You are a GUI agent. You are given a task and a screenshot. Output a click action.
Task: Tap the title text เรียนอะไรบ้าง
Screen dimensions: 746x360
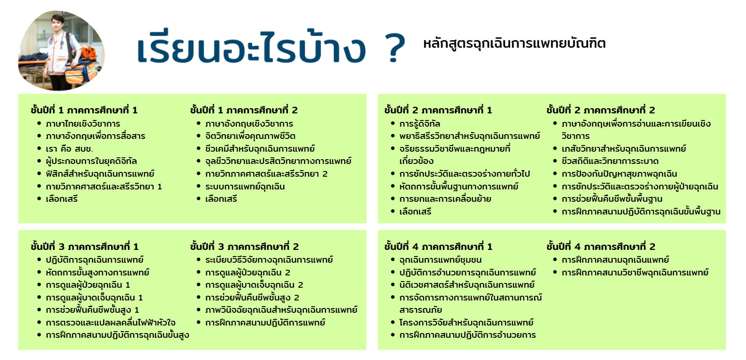point(252,47)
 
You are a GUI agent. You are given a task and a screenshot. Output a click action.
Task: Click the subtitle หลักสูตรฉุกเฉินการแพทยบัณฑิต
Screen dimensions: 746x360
point(514,44)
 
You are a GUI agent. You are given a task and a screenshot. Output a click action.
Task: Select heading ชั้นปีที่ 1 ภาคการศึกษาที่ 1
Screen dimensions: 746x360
point(84,110)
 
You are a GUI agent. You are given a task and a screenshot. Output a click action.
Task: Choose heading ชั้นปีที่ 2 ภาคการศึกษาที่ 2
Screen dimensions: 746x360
point(600,110)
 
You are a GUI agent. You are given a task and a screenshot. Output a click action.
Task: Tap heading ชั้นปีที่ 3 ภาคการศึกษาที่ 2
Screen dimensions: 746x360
point(244,247)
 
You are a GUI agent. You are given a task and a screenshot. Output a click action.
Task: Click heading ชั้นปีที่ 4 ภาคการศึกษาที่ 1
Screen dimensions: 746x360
point(438,247)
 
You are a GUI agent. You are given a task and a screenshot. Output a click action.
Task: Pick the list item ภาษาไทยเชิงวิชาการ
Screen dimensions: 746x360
point(83,124)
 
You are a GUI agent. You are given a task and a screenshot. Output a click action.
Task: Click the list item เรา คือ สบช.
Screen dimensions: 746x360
point(69,149)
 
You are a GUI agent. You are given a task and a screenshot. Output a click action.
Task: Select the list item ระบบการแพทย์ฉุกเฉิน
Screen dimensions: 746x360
point(245,186)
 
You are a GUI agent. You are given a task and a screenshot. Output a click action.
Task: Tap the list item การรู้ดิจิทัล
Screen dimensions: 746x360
point(420,124)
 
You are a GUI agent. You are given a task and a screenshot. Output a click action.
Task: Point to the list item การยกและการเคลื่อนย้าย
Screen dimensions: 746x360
point(445,199)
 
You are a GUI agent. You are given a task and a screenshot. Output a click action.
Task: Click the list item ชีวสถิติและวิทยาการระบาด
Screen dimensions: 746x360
point(610,162)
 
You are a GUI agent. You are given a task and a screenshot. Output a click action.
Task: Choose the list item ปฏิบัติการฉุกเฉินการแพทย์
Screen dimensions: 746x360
point(95,260)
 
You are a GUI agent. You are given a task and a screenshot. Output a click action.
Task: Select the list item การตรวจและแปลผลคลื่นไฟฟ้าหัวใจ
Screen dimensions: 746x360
point(111,323)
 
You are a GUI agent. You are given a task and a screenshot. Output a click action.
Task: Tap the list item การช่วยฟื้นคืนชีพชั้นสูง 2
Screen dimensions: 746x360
point(252,298)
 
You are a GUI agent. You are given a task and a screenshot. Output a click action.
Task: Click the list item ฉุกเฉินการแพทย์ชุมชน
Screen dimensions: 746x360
point(440,260)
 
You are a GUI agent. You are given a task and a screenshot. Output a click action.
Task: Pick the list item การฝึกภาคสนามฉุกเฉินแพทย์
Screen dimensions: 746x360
point(615,260)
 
